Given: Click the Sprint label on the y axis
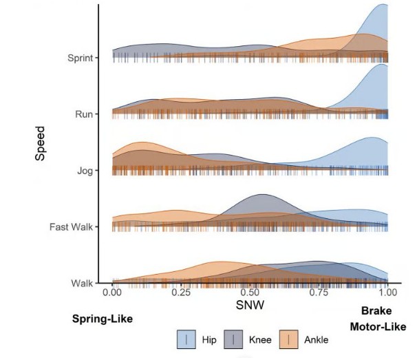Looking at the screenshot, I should coord(81,57).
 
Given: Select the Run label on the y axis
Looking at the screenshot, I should coord(85,114).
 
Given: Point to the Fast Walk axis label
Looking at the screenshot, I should coord(73,226).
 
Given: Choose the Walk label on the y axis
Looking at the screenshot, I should coord(83,283).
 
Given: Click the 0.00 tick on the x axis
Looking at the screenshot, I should coord(112,292).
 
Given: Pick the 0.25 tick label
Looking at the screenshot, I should coord(181,292).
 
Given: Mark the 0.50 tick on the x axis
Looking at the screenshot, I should coord(250,292).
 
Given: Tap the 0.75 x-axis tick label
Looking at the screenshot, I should coord(319,292).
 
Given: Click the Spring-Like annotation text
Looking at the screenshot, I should coord(102,319).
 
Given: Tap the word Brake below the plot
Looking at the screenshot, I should coord(376,310).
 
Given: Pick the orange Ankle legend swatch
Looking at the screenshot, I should coord(290,339).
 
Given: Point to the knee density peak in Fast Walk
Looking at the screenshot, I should coord(262,195).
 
